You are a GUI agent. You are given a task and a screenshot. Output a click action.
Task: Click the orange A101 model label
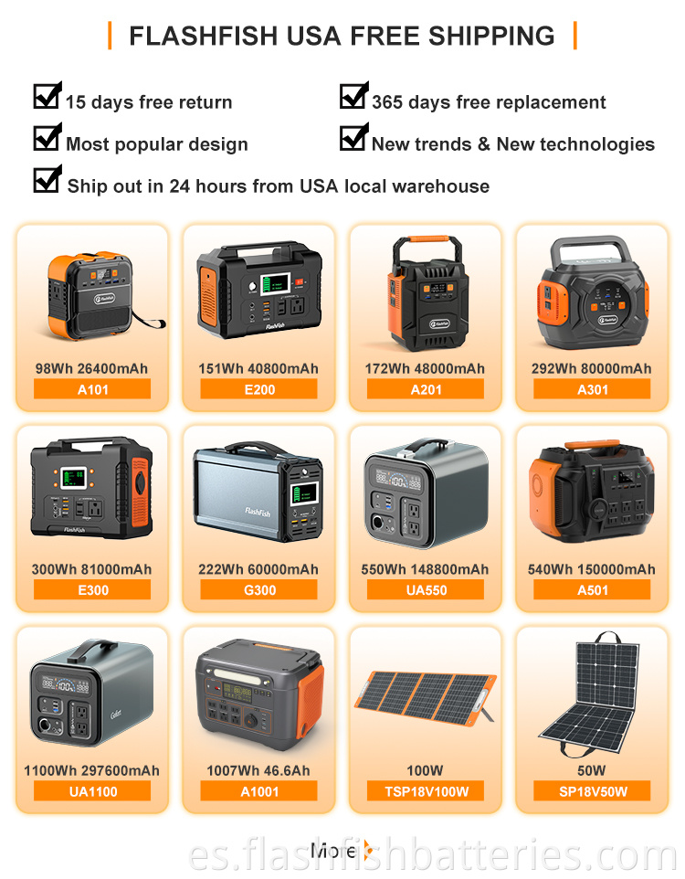click(92, 389)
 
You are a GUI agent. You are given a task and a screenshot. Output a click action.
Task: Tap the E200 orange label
click(259, 389)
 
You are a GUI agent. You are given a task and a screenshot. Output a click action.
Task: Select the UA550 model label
click(426, 589)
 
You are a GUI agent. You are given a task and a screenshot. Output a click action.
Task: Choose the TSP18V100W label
click(426, 791)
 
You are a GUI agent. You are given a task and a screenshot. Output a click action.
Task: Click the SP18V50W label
click(593, 791)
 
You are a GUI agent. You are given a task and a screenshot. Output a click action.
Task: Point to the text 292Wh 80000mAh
click(592, 368)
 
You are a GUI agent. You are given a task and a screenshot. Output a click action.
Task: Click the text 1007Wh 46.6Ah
click(258, 770)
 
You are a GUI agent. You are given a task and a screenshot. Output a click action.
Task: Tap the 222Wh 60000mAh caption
click(258, 569)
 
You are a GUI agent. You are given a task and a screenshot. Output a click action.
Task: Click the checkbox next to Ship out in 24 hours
click(47, 179)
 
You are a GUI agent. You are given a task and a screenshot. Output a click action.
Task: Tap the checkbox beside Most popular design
click(47, 137)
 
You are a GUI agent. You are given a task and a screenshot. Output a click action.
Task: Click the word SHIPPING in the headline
click(491, 36)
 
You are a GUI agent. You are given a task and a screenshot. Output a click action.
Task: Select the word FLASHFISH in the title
click(204, 36)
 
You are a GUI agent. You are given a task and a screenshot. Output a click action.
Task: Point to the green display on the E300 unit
click(73, 478)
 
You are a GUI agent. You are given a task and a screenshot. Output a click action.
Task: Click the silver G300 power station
click(258, 492)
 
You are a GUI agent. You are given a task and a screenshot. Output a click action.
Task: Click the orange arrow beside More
click(368, 850)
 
